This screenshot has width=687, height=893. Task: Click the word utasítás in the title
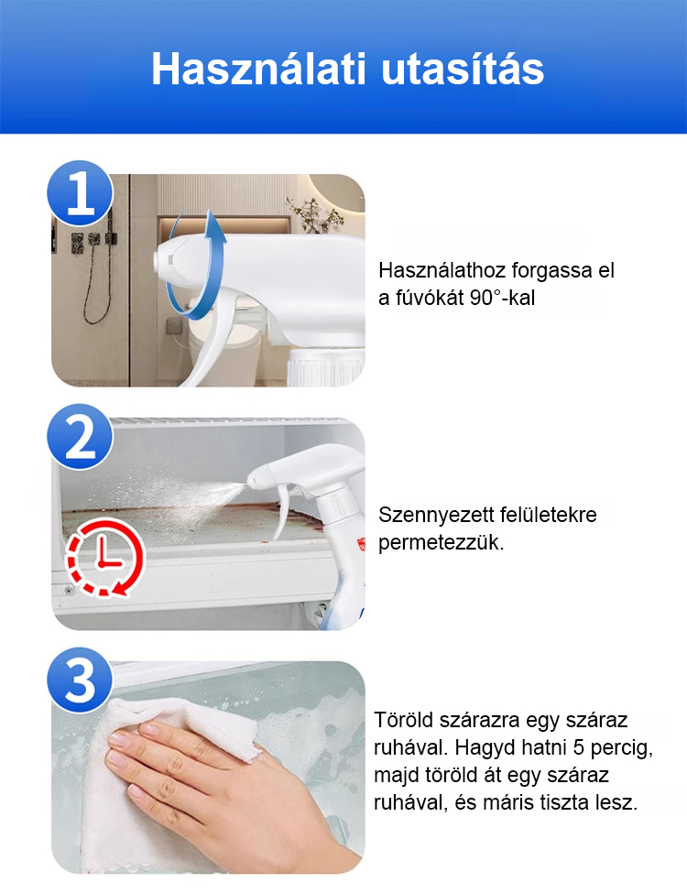tap(463, 69)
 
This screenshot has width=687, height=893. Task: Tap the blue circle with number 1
tap(81, 193)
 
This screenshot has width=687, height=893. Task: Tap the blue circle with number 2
tap(81, 436)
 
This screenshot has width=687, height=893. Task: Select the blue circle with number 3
tap(81, 680)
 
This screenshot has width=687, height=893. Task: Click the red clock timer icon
tap(104, 558)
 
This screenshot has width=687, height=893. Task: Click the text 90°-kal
tap(503, 298)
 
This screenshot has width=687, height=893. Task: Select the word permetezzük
tap(441, 543)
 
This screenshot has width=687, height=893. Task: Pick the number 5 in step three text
tap(579, 747)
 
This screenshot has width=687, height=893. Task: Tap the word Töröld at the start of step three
tap(403, 720)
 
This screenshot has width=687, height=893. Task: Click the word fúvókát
tap(427, 298)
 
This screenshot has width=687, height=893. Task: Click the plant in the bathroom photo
tap(315, 215)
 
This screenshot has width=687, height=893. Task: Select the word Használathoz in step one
tap(442, 270)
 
